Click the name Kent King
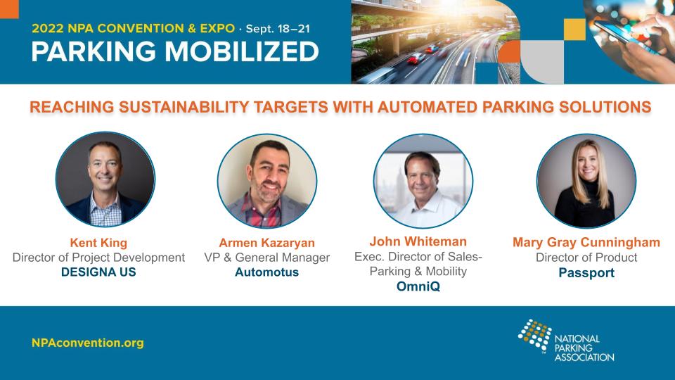pos(98,243)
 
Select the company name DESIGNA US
pos(98,272)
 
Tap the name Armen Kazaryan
pos(267,243)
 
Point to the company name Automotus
pos(267,272)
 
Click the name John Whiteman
pos(418,241)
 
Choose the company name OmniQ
pos(418,286)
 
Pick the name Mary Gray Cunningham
pos(586,243)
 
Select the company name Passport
pos(586,273)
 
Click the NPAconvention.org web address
pos(88,343)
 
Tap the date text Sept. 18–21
pos(278,29)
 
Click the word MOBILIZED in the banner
pos(242,51)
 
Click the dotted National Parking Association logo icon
pos(534,335)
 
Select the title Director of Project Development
pos(98,258)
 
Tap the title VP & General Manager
pos(267,258)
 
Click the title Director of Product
pos(586,258)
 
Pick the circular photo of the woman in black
pos(586,181)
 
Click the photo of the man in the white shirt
pos(423,181)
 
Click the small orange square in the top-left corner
pos(9,9)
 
